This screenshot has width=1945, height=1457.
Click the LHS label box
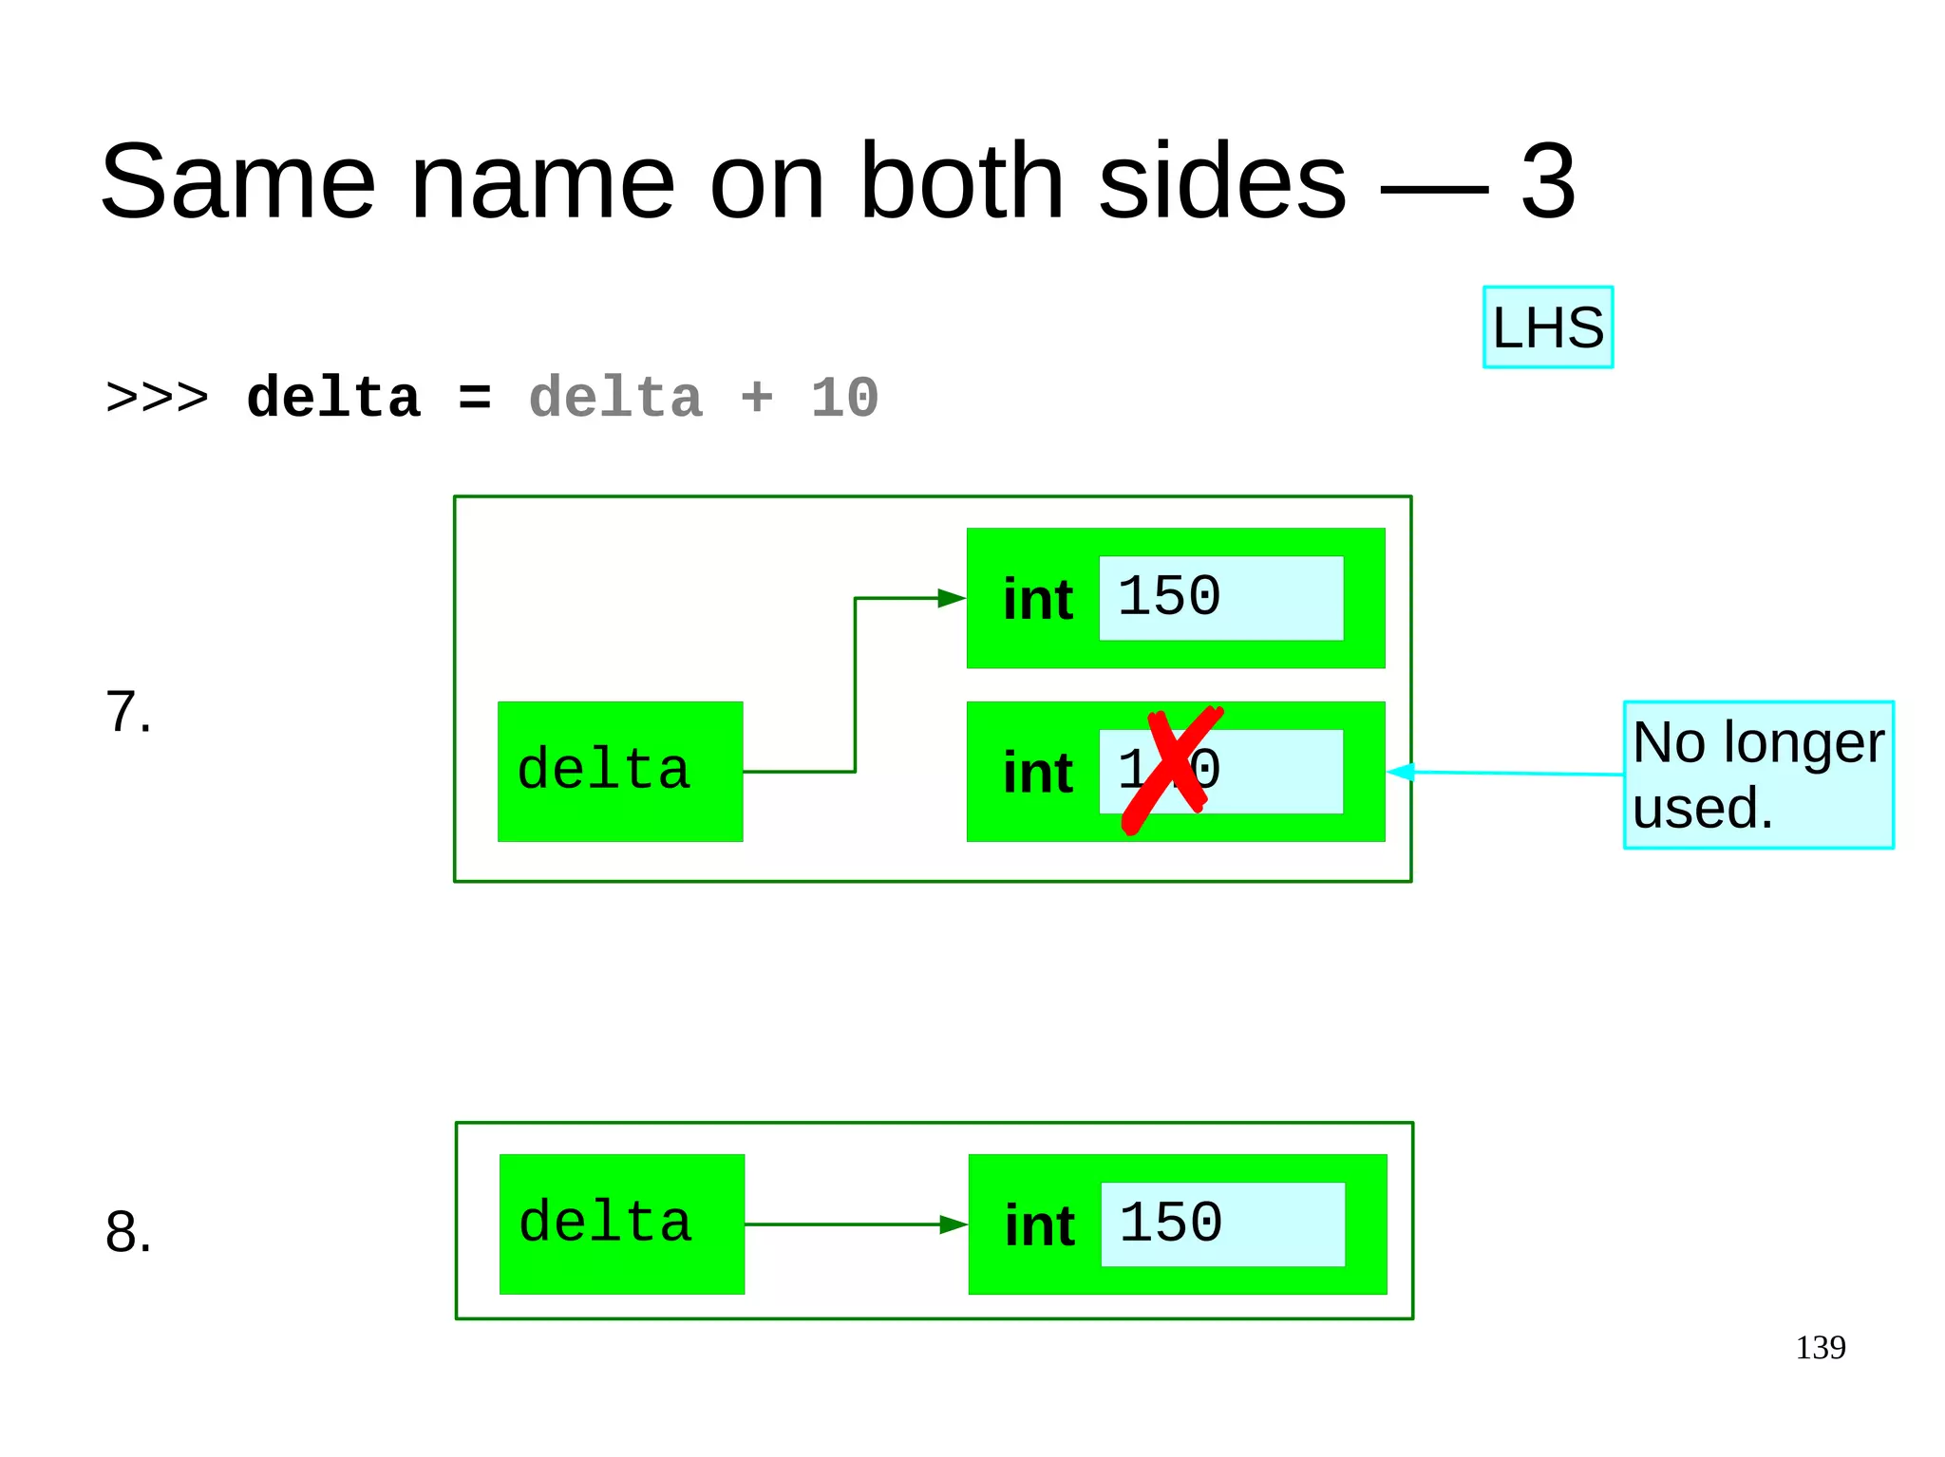(x=1547, y=327)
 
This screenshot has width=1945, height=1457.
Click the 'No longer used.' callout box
(x=1758, y=775)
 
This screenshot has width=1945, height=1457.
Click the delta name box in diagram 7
(x=619, y=771)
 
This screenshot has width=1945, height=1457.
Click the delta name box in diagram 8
(x=621, y=1224)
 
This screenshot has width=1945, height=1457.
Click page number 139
(x=1820, y=1348)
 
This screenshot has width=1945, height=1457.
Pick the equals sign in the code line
(x=474, y=399)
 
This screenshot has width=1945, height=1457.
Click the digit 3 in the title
(x=1547, y=180)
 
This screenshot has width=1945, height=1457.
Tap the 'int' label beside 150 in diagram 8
(x=1039, y=1225)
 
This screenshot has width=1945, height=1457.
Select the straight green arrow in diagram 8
(x=855, y=1224)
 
